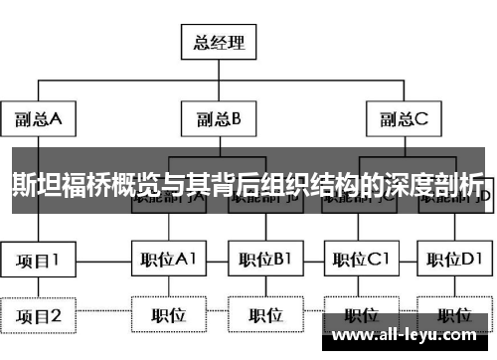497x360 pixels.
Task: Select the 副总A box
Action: (39, 119)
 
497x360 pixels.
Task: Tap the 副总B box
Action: (218, 119)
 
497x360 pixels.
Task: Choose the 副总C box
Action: (403, 119)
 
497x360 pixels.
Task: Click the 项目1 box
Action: (39, 261)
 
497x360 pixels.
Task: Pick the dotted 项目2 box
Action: (39, 316)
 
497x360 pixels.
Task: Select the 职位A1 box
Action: (167, 261)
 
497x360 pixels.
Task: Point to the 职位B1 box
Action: (264, 261)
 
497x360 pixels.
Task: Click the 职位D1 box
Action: (454, 261)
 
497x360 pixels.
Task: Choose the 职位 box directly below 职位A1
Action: (167, 316)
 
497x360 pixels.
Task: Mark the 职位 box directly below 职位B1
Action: (264, 316)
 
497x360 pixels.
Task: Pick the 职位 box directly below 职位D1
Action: (454, 316)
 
